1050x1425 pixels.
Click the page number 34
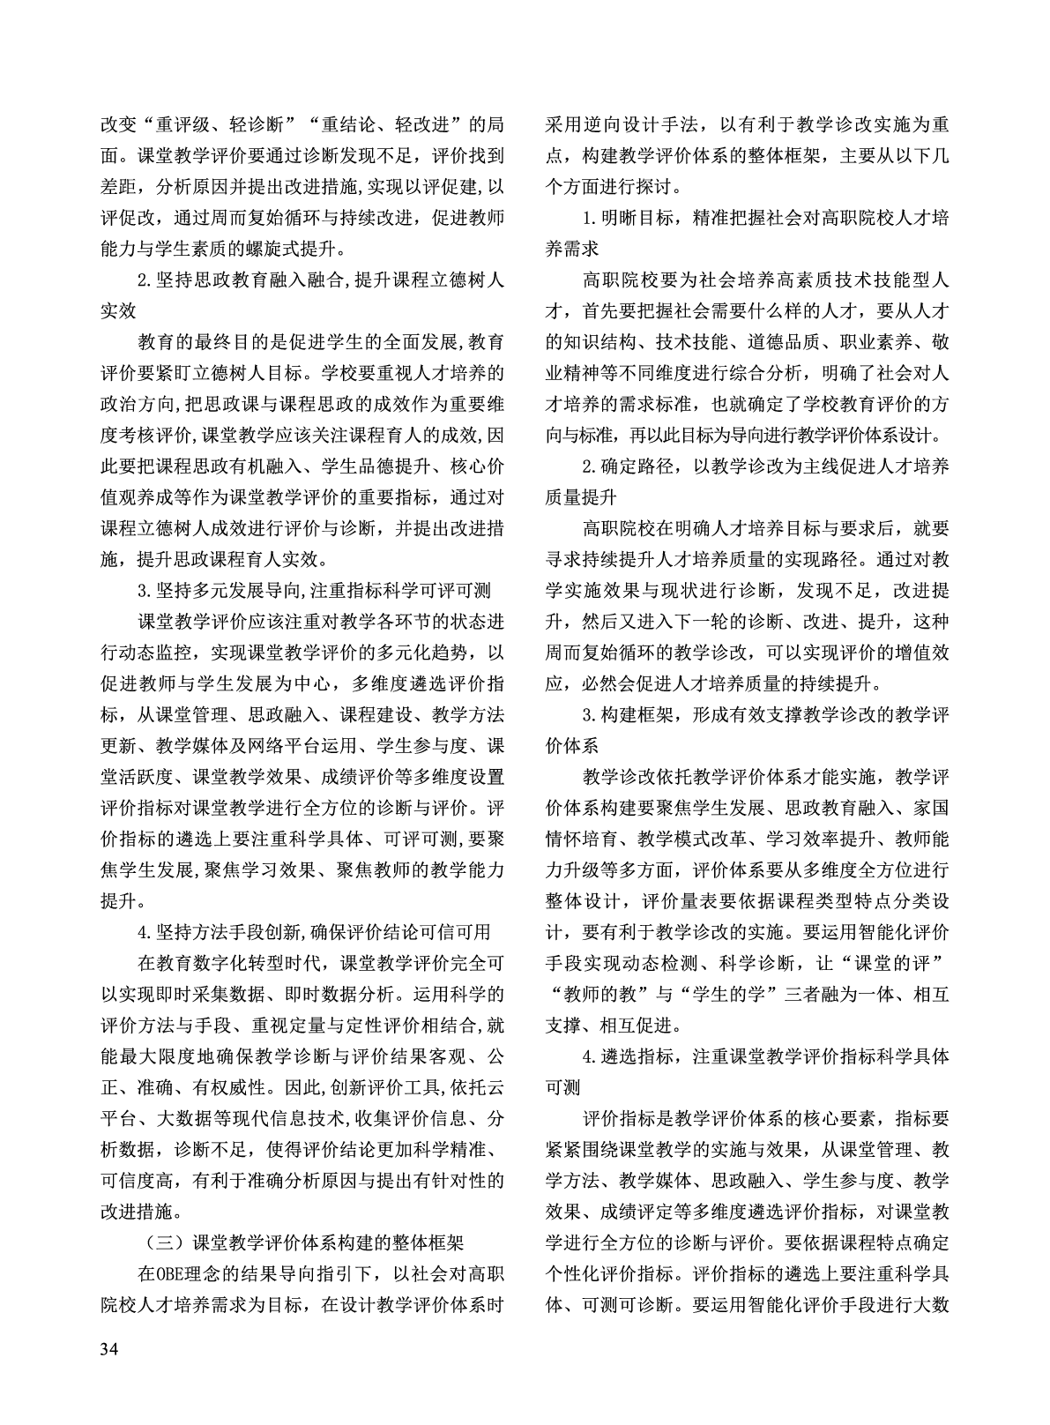pyautogui.click(x=110, y=1349)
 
